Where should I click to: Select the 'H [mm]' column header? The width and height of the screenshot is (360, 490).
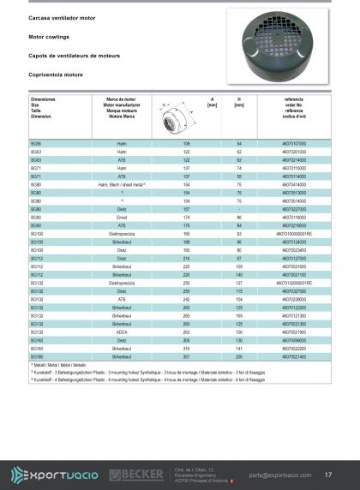click(239, 103)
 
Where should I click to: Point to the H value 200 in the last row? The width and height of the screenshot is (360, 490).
click(239, 354)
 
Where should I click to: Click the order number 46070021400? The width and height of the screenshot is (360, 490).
click(294, 354)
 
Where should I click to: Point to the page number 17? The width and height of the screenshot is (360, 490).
click(329, 474)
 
